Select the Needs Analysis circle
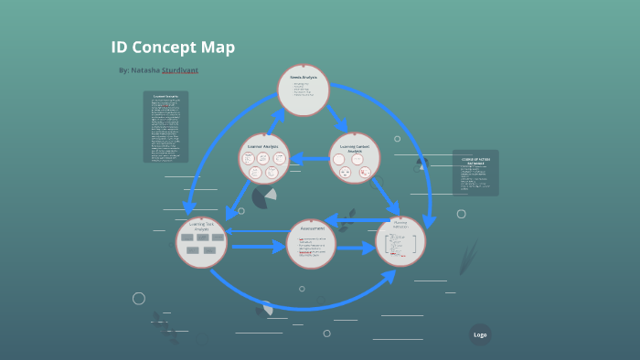pos(303,90)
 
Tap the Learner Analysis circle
pos(264,158)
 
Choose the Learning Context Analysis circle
pos(354,158)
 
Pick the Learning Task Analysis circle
pos(201,242)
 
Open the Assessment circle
pos(312,244)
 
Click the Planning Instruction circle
pos(400,241)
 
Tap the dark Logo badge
pos(480,334)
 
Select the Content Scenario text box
pos(165,126)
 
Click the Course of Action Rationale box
pos(475,173)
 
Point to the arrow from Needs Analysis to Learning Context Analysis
pos(337,119)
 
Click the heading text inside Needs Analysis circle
pos(303,78)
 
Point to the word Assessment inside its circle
pos(313,229)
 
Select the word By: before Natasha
pos(124,70)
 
